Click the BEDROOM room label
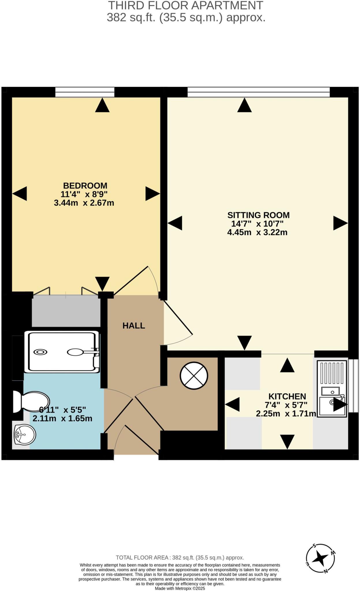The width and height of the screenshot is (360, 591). point(85,186)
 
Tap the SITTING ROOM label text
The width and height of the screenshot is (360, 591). point(258,215)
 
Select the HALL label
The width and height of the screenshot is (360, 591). point(134,326)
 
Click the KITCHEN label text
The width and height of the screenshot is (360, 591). point(287,397)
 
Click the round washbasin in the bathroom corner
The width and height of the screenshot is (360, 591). point(25,435)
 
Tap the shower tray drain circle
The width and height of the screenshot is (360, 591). point(40,352)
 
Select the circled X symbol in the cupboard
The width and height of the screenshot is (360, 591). point(194,375)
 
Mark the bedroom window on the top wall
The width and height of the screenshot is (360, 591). point(85,92)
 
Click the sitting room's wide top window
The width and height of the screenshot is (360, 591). point(258,92)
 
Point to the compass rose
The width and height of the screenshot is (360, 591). point(320,558)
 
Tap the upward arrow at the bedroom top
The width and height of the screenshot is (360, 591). point(102,105)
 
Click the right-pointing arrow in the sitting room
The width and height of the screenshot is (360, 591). point(340,223)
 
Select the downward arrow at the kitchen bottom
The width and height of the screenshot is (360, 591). point(287,442)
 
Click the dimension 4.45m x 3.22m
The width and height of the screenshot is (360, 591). point(257,232)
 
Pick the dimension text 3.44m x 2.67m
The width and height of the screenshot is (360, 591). point(84,203)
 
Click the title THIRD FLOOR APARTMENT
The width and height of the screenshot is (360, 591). point(186,5)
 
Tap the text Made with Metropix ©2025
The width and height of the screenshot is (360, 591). point(180,588)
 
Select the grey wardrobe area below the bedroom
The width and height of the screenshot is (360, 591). point(66,311)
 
